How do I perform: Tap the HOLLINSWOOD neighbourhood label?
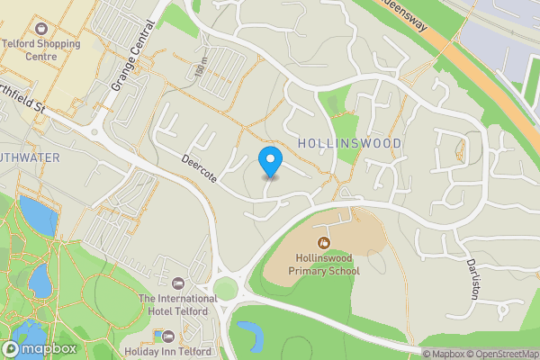point(348,143)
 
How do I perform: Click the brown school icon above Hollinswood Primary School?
point(323,241)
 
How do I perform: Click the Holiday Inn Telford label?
point(168,351)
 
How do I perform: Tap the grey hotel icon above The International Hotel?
point(178,283)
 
